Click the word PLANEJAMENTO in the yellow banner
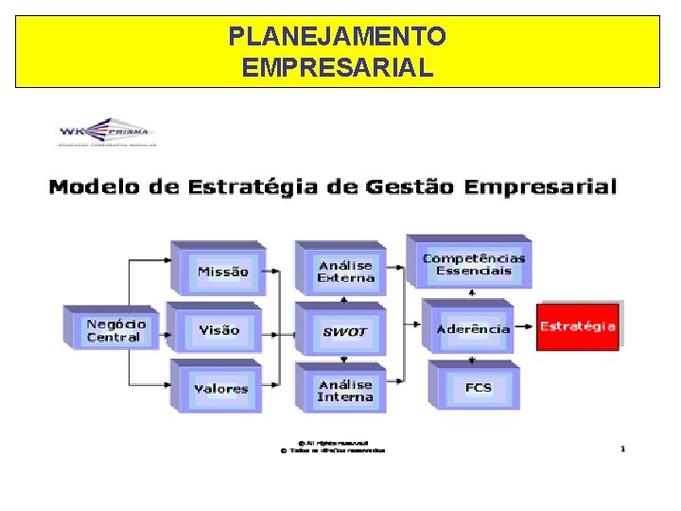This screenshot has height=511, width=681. point(339,37)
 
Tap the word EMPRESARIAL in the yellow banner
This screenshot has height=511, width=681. point(339,67)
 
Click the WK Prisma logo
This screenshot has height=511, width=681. point(106,132)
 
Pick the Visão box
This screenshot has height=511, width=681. point(218,330)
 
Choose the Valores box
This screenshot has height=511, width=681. point(220,388)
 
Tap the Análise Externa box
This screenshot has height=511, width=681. point(345,272)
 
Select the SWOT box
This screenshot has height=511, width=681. point(344,331)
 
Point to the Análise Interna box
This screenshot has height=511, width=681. point(345,390)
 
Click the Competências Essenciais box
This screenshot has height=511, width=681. point(473,264)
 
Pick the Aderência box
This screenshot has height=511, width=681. point(473,329)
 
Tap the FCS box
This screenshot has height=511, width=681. point(478,387)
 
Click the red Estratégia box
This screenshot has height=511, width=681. point(578,326)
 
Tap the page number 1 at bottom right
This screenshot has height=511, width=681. point(622,449)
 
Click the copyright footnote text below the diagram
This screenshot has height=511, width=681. point(332,447)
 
